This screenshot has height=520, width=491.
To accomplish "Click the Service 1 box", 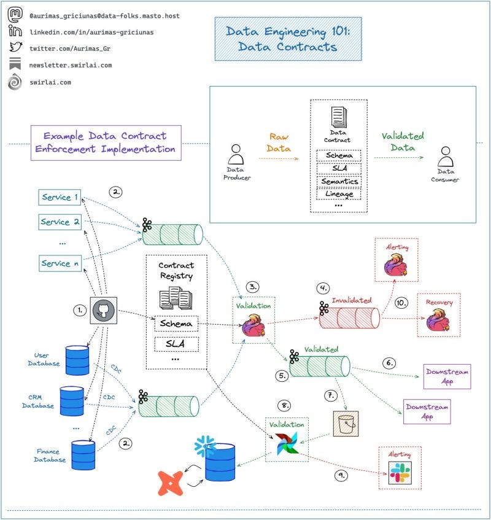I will [x=60, y=197].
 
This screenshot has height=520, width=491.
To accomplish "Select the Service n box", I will [x=60, y=263].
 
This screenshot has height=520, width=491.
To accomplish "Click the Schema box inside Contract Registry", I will [x=177, y=323].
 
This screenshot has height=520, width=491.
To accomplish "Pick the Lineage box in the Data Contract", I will [x=338, y=194].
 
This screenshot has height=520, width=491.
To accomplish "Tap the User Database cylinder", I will [x=77, y=361].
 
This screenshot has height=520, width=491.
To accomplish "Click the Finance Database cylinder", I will [x=83, y=456].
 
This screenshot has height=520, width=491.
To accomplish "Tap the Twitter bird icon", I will [x=15, y=48].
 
